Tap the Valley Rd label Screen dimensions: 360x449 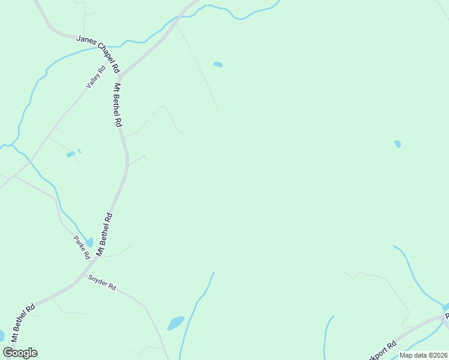pos(95,77)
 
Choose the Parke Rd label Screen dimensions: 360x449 pos(82,247)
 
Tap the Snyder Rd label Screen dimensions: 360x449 pos(102,283)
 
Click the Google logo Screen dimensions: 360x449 pos(20,352)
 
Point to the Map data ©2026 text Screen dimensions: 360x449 pos(423,355)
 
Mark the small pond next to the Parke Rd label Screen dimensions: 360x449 pos(89,242)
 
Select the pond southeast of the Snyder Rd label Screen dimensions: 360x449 pos(175,323)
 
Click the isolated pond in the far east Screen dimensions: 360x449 pos(397,144)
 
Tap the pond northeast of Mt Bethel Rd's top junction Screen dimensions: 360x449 pos(218,64)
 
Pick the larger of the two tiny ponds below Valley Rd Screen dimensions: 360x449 pos(71,155)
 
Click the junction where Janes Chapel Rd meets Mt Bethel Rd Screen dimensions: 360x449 pos(120,77)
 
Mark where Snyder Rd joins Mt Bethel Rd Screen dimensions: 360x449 pos(82,275)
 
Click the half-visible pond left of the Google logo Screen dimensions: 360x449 pos(1,335)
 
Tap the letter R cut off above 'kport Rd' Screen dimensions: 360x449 pos(446,315)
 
